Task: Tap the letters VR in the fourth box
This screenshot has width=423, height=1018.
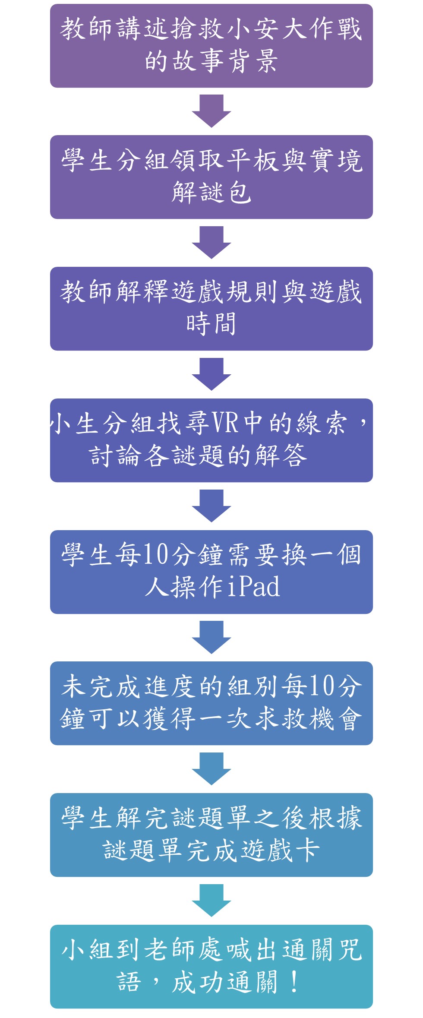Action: pyautogui.click(x=225, y=423)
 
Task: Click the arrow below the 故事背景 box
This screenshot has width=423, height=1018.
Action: pyautogui.click(x=211, y=111)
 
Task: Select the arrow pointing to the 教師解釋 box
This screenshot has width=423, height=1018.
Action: pyautogui.click(x=211, y=243)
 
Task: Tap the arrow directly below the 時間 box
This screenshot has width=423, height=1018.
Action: pyautogui.click(x=211, y=374)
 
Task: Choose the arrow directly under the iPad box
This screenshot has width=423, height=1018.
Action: pyautogui.click(x=211, y=637)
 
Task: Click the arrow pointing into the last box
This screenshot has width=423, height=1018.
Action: pyautogui.click(x=211, y=901)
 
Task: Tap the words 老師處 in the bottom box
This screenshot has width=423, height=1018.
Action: pyautogui.click(x=184, y=950)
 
